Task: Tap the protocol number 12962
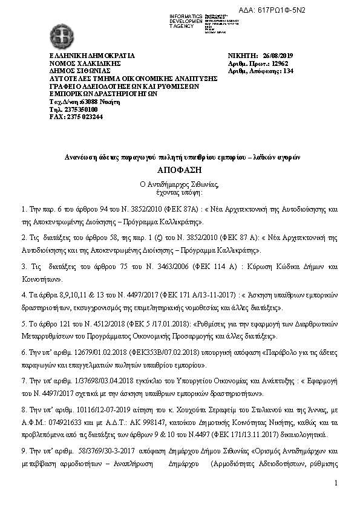[280, 63]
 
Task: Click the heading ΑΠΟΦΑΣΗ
[179, 170]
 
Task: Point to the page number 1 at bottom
[336, 484]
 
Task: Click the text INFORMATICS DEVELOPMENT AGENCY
[186, 21]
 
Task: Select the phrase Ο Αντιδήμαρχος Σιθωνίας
[179, 184]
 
